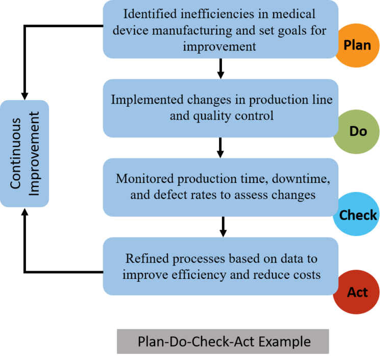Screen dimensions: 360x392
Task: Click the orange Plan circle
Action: click(x=357, y=45)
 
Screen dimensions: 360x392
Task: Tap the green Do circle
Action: click(x=357, y=131)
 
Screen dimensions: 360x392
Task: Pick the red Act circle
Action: click(x=357, y=292)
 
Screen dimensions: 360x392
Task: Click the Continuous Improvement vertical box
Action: click(x=24, y=153)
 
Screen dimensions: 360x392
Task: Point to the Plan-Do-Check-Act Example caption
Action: click(x=223, y=342)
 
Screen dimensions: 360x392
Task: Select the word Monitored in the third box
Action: click(x=148, y=179)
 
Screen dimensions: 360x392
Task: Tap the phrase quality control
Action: click(x=222, y=115)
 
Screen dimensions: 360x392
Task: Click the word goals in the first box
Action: click(x=289, y=30)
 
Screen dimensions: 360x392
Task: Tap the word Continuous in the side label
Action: click(x=17, y=153)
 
